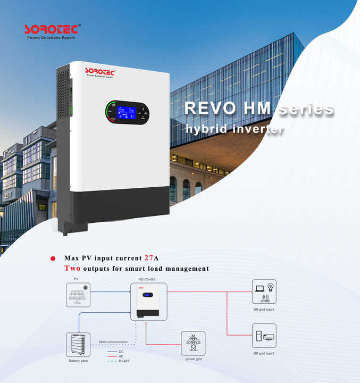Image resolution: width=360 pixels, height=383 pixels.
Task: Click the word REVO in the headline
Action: pos(208,108)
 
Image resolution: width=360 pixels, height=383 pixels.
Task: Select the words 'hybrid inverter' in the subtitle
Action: pos(234,129)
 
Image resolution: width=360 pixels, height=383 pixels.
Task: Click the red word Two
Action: pos(72,269)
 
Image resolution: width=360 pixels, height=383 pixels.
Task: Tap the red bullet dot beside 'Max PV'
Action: pos(53,259)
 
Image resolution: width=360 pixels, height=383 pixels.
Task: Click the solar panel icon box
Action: pos(79,295)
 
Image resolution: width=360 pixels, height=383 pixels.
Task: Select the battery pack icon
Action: pos(78,344)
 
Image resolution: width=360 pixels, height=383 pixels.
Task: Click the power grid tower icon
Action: pos(193,343)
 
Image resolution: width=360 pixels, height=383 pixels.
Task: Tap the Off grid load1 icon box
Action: pos(264,292)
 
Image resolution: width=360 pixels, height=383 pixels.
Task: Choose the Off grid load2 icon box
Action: pos(264,336)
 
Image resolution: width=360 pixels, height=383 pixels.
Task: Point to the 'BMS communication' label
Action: pos(113,342)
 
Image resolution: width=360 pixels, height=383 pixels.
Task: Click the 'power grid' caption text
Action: pos(194,359)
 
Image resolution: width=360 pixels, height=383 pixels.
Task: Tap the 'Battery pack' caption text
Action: pos(78,361)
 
